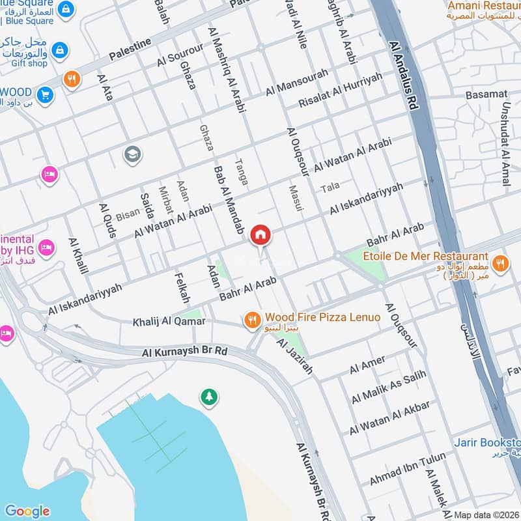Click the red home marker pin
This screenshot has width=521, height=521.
pyautogui.click(x=260, y=236)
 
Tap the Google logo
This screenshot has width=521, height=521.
pyautogui.click(x=27, y=511)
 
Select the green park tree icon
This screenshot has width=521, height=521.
pyautogui.click(x=209, y=396)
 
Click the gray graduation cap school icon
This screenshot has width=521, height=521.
pyautogui.click(x=132, y=155)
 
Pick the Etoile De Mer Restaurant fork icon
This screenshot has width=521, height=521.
pyautogui.click(x=500, y=263)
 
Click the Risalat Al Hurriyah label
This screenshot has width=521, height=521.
pyautogui.click(x=340, y=91)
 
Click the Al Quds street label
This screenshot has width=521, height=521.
pyautogui.click(x=106, y=221)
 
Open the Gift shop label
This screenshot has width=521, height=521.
pyautogui.click(x=29, y=63)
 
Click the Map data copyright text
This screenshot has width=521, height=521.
pyautogui.click(x=486, y=514)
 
